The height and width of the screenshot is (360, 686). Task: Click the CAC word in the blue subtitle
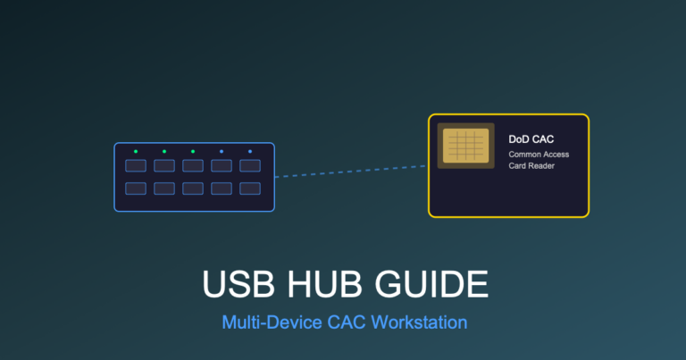click(x=344, y=322)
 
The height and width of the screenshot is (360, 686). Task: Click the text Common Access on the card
click(x=539, y=155)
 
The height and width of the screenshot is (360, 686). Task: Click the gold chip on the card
click(x=465, y=145)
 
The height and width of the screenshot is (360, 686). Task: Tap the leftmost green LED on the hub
click(x=136, y=152)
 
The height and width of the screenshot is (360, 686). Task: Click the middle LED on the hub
click(x=193, y=152)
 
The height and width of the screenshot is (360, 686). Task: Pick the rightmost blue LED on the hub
click(x=250, y=152)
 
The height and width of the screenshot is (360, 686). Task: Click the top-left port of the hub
click(x=136, y=165)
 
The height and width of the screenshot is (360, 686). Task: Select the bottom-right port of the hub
click(x=250, y=188)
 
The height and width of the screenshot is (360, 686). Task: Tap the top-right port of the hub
click(x=250, y=165)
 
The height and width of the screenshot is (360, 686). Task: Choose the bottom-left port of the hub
click(x=136, y=188)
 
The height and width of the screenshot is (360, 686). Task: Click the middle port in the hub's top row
click(x=193, y=165)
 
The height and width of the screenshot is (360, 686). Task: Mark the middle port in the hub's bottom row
click(x=193, y=188)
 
